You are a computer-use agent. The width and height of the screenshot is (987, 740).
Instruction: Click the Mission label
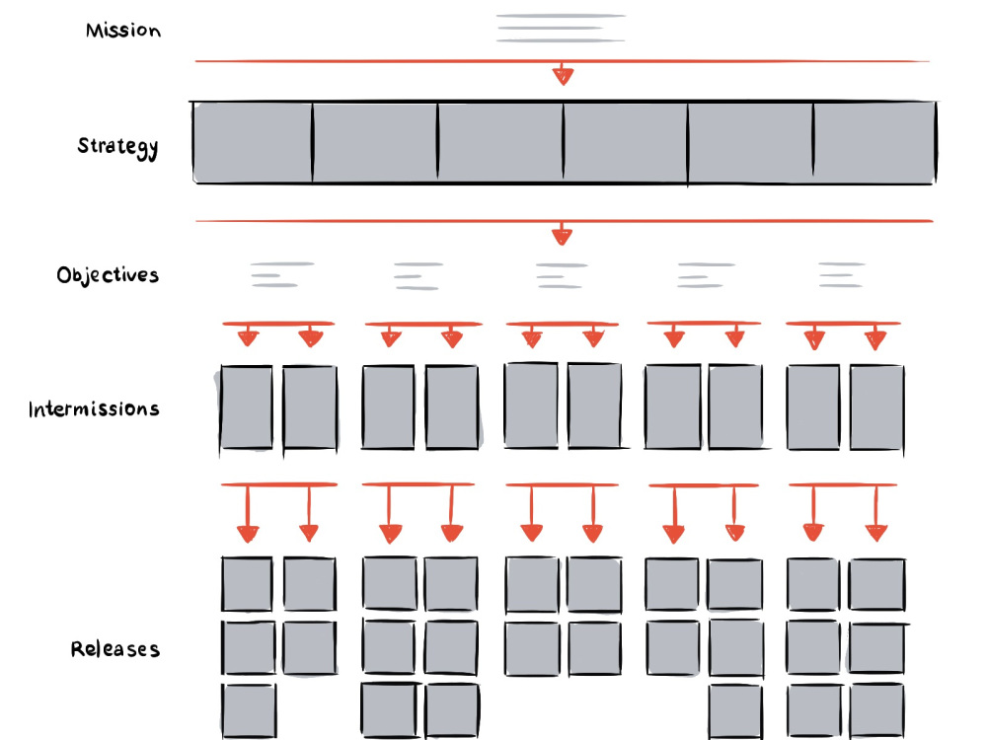(x=123, y=30)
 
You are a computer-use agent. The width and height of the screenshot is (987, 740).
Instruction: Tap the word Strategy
(x=117, y=147)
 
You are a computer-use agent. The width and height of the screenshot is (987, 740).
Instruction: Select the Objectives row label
(x=108, y=275)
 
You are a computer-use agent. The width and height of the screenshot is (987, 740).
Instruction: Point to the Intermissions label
(x=94, y=409)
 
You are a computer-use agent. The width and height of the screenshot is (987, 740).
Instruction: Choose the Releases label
(x=115, y=649)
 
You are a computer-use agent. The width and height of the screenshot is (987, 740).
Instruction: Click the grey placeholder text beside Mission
(x=561, y=29)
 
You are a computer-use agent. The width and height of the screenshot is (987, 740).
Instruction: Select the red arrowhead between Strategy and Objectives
(x=563, y=236)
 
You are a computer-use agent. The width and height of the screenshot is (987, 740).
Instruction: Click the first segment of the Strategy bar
(x=253, y=143)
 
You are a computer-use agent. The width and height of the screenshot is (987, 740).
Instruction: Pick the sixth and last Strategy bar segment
(x=874, y=143)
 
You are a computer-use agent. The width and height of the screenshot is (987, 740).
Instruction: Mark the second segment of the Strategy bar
(x=375, y=143)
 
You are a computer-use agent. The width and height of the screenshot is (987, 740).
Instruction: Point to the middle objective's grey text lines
(x=562, y=275)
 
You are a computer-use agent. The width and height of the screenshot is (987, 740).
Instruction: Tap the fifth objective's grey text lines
(x=842, y=275)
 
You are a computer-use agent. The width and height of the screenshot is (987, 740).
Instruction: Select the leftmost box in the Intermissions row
(x=246, y=407)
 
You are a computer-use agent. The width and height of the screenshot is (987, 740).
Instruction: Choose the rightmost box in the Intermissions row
(x=876, y=407)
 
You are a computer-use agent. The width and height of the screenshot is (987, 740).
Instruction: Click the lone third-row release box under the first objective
(x=249, y=711)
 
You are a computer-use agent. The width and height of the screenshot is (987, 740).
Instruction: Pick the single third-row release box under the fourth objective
(x=735, y=712)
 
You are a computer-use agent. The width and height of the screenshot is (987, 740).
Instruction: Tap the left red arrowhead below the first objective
(x=248, y=338)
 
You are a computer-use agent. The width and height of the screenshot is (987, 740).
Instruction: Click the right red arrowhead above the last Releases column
(x=876, y=533)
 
